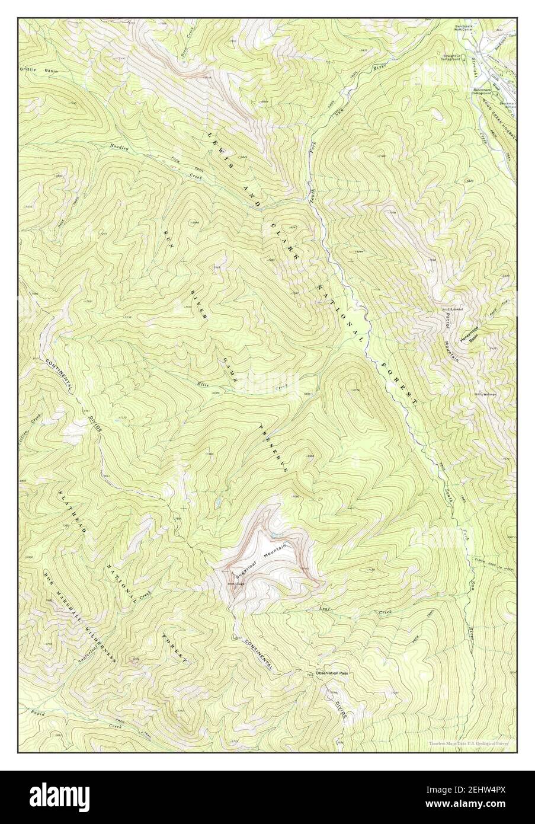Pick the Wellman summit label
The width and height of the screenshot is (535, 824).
tap(488, 394)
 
